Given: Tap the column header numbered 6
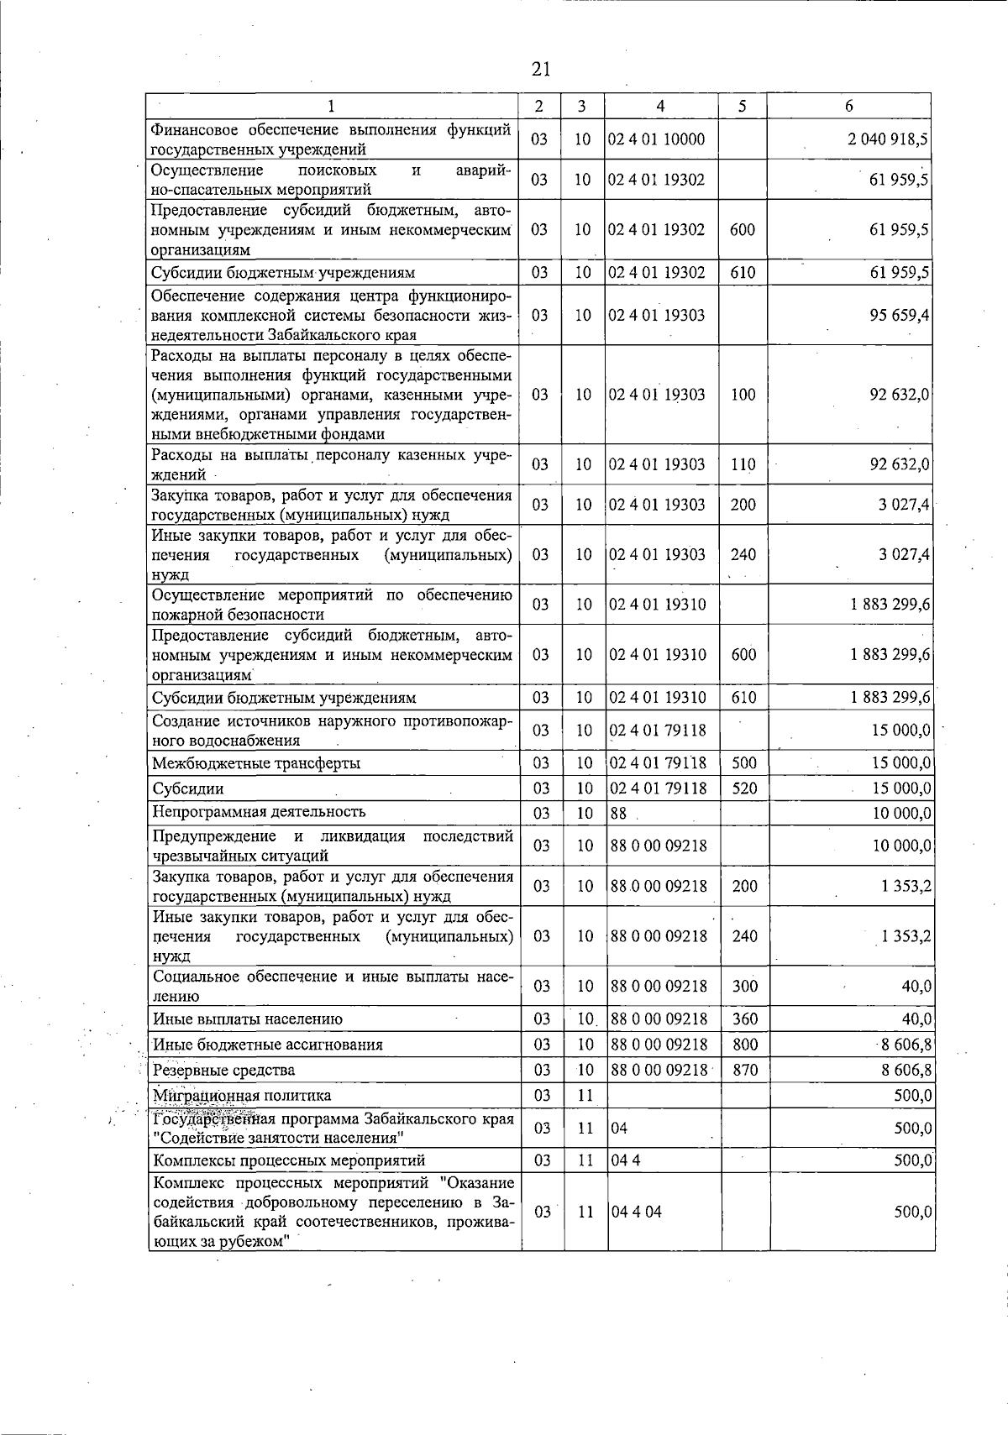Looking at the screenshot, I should coord(849,106).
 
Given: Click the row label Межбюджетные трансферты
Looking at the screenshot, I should coord(256,763).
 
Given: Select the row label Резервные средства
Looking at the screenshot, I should coord(223,1070).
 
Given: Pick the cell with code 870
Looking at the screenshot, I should coord(745,1070).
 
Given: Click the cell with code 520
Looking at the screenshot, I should coord(745,788).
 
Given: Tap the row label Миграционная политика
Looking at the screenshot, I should coord(242,1095).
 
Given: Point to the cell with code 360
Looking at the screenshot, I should coord(745,1019).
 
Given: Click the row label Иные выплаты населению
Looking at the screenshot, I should coord(248,1019).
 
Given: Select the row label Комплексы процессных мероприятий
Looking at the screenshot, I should coord(289,1160).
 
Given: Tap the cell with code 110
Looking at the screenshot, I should coord(743,464).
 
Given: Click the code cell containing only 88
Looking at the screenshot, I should coord(619,814).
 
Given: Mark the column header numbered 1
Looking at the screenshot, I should coord(332,106).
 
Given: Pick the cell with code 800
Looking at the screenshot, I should coord(745,1045).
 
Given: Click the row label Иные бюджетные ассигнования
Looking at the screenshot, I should coord(267,1045).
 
